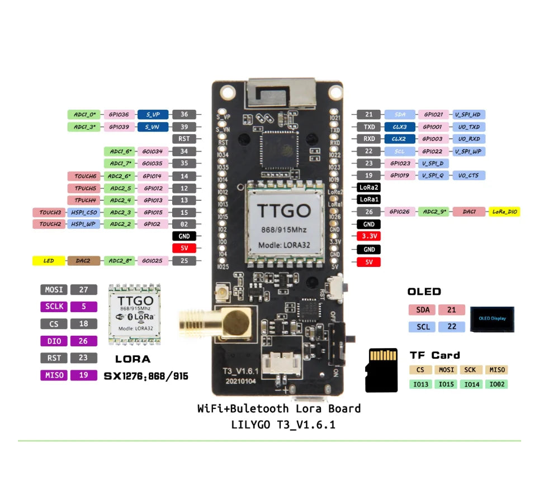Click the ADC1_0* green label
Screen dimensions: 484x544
pyautogui.click(x=84, y=114)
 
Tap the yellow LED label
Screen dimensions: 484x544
pyautogui.click(x=49, y=261)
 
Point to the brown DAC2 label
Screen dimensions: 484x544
pyautogui.click(x=84, y=261)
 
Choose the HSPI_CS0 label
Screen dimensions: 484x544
pyautogui.click(x=84, y=213)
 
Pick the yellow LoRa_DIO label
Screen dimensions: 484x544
pyautogui.click(x=504, y=212)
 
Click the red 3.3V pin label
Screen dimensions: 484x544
pyautogui.click(x=369, y=236)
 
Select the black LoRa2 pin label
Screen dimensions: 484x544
pyautogui.click(x=369, y=187)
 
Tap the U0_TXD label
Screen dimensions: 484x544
pyautogui.click(x=469, y=127)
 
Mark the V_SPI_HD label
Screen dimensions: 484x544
pyautogui.click(x=468, y=114)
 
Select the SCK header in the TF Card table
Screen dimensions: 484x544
pyautogui.click(x=471, y=370)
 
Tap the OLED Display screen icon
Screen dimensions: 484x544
pyautogui.click(x=492, y=318)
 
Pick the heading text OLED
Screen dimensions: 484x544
pyautogui.click(x=424, y=292)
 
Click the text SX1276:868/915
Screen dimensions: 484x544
pyautogui.click(x=146, y=377)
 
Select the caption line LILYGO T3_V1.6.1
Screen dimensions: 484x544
pyautogui.click(x=283, y=425)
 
